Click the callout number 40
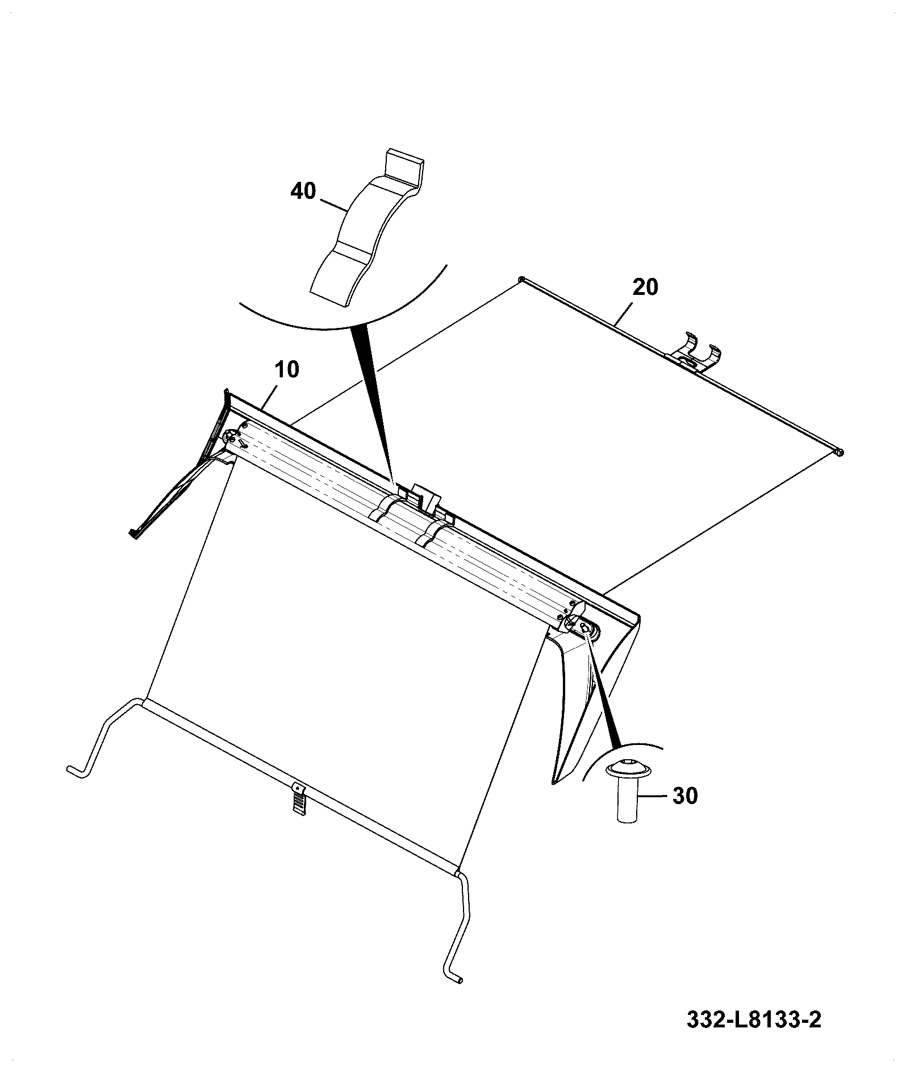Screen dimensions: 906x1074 [303, 191]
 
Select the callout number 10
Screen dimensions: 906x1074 [287, 370]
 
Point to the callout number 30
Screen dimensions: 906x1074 [685, 796]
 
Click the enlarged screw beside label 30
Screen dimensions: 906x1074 [629, 790]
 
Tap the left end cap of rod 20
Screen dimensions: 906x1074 [521, 278]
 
